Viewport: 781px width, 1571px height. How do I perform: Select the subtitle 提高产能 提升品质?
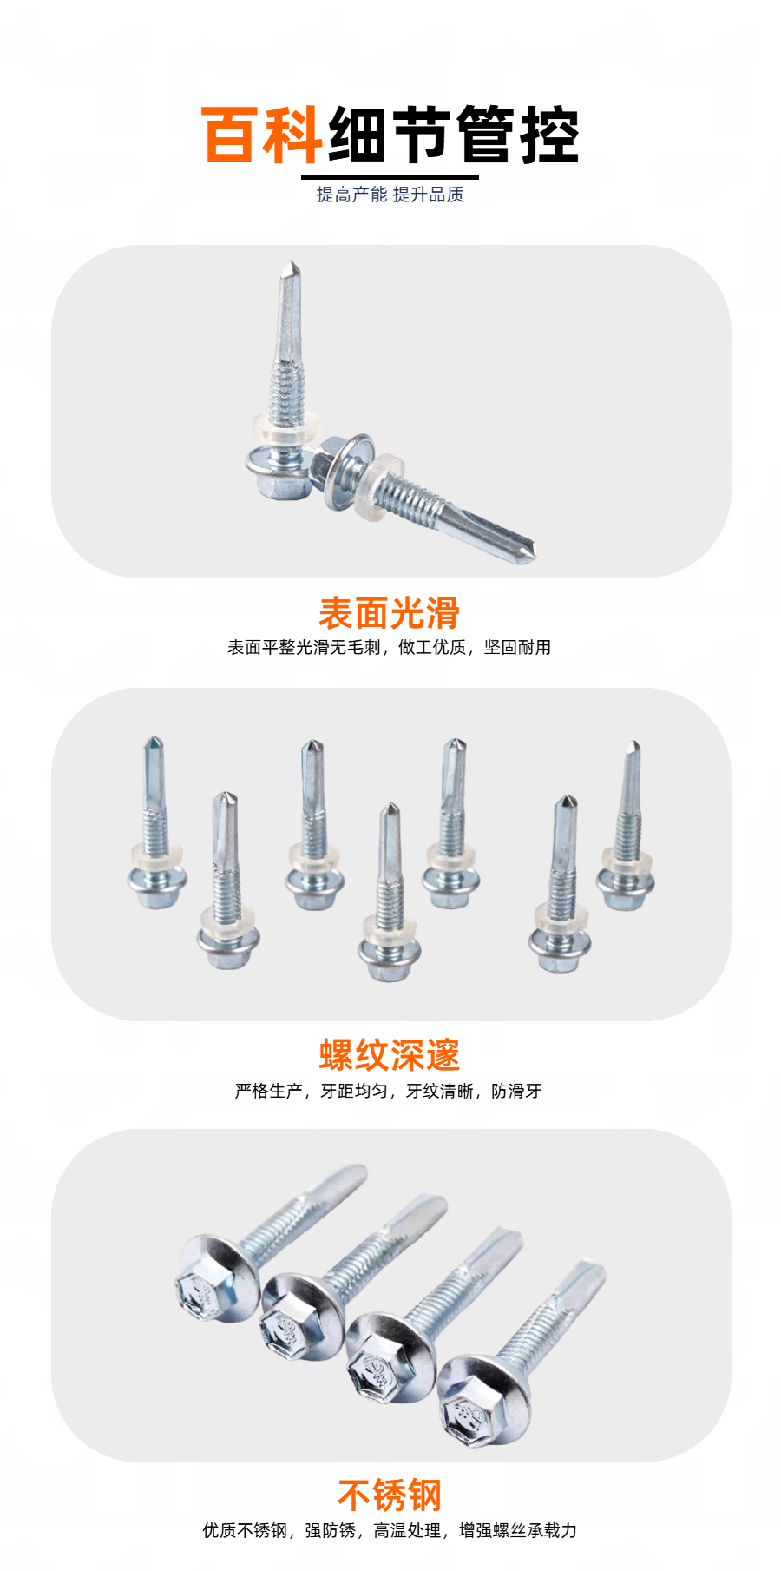pyautogui.click(x=390, y=195)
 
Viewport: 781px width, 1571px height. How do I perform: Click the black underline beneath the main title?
pyautogui.click(x=390, y=177)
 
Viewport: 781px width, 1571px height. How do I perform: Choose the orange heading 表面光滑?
pyautogui.click(x=390, y=613)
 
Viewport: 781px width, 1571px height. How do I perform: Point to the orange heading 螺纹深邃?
pyautogui.click(x=390, y=1055)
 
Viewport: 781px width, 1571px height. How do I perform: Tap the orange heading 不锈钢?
pyautogui.click(x=390, y=1495)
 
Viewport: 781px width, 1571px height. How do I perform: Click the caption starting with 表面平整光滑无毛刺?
pyautogui.click(x=390, y=648)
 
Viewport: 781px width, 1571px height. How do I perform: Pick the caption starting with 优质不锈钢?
pyautogui.click(x=390, y=1530)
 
